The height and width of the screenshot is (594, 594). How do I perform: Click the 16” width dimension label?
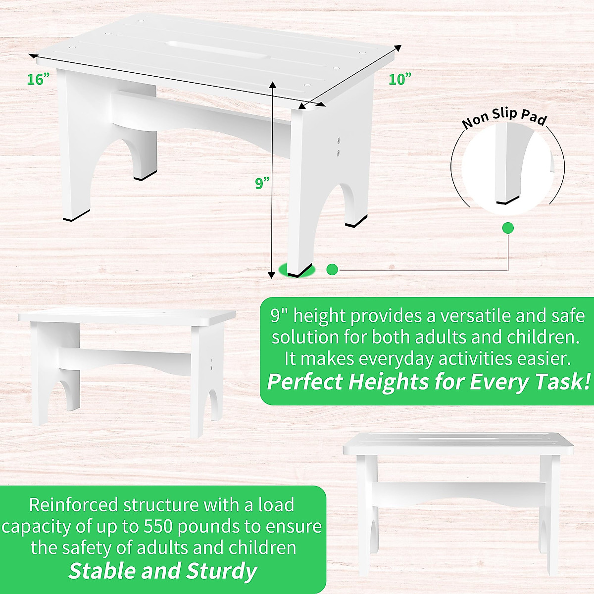click(39, 79)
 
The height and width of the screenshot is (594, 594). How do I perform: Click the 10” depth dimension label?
click(400, 79)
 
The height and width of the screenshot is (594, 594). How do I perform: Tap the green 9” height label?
click(262, 183)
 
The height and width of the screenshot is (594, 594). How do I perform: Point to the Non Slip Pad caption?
click(504, 119)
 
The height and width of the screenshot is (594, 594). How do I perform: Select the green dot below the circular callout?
click(508, 228)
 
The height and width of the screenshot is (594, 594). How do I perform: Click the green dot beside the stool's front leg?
click(332, 269)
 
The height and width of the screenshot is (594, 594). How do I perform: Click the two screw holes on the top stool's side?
click(340, 147)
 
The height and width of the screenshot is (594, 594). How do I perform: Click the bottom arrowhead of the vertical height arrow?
click(271, 275)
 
